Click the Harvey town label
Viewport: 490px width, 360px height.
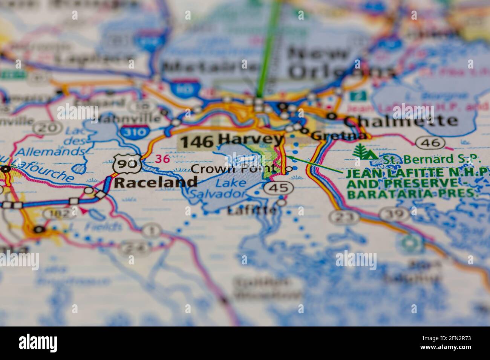coord(251,140)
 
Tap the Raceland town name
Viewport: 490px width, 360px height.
coord(156,183)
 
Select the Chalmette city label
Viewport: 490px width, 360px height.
coord(401,121)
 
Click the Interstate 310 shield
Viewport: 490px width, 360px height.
coord(135,131)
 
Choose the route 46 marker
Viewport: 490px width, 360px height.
coord(430,142)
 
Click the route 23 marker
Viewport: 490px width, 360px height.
coord(343,217)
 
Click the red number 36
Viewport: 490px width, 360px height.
coord(163,159)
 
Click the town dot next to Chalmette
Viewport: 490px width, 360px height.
coord(331,116)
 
